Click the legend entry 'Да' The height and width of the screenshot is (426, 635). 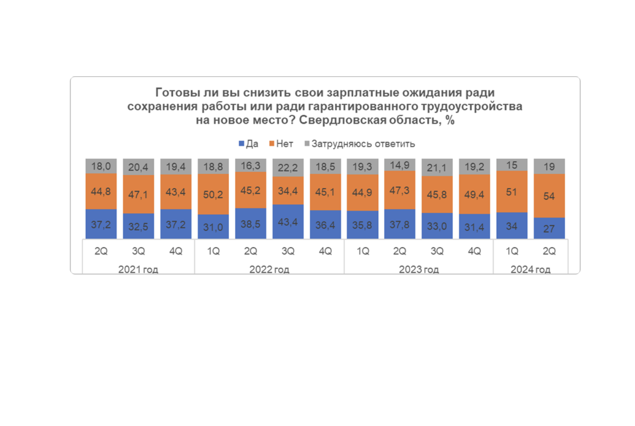[249, 144]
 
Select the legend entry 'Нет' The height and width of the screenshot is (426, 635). [281, 144]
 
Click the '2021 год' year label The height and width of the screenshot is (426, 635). [138, 270]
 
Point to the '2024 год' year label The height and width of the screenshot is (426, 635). [530, 270]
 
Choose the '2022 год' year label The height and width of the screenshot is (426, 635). [269, 270]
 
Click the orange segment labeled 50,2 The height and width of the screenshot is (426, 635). [213, 194]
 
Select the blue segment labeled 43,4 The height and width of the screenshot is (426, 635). [288, 222]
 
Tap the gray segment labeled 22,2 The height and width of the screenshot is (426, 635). [288, 168]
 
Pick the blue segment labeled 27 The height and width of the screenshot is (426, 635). [549, 228]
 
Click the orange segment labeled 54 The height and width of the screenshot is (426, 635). [549, 196]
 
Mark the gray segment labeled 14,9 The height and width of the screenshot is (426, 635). [400, 165]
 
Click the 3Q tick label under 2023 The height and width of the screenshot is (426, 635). [437, 251]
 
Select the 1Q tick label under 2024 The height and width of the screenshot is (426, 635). [512, 251]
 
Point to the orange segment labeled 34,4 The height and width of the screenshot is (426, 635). [288, 191]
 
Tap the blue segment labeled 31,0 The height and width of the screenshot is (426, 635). [213, 227]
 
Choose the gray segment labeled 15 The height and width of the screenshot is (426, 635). [512, 165]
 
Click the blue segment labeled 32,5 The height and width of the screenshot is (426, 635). [138, 226]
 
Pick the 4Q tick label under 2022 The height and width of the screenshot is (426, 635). [325, 251]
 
